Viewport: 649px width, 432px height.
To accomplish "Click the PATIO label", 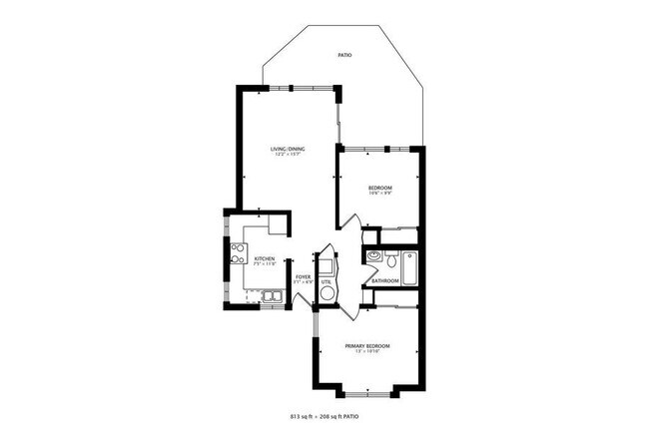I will click(x=343, y=56).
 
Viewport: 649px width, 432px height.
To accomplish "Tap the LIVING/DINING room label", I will click(x=288, y=149).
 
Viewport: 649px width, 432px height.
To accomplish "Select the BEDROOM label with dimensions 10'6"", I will click(x=379, y=188).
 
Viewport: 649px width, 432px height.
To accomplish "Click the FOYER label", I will click(x=303, y=276).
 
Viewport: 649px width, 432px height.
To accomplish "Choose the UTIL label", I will click(x=326, y=281).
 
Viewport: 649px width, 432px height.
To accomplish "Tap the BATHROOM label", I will click(x=385, y=280).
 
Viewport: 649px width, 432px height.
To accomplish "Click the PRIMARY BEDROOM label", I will click(x=367, y=346).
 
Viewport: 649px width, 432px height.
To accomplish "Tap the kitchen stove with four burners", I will click(x=239, y=254).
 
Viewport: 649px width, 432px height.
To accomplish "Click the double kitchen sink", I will click(x=271, y=295).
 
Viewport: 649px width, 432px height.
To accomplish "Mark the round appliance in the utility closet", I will click(x=327, y=296).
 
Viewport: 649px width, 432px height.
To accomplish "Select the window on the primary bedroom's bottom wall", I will click(x=367, y=387).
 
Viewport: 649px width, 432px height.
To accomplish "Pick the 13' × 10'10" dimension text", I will click(x=367, y=352).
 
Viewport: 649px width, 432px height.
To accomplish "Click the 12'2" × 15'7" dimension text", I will click(x=288, y=155).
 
